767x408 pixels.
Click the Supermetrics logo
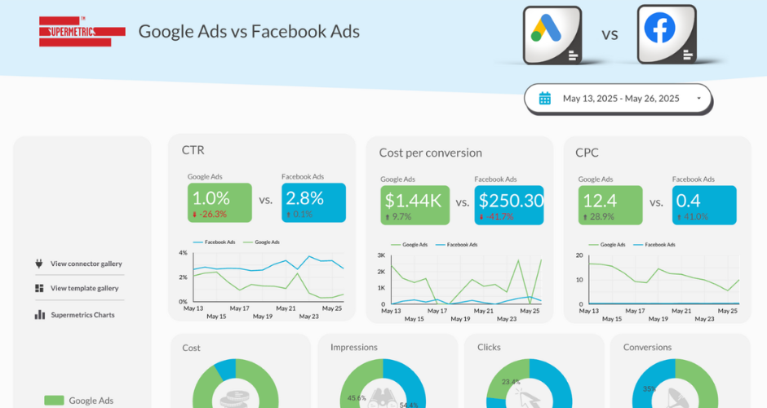82,32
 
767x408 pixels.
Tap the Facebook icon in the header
666,33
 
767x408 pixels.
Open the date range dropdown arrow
698,99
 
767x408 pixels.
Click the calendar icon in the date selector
545,99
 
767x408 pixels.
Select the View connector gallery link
86,264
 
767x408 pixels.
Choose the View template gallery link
84,288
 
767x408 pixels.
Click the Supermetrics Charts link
82,315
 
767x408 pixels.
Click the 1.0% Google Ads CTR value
211,197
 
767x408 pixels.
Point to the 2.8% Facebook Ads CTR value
305,197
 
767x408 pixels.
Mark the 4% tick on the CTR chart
183,253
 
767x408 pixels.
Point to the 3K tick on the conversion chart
380,255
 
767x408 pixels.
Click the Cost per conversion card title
430,153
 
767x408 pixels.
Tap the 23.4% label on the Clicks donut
511,381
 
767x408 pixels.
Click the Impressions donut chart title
353,348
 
